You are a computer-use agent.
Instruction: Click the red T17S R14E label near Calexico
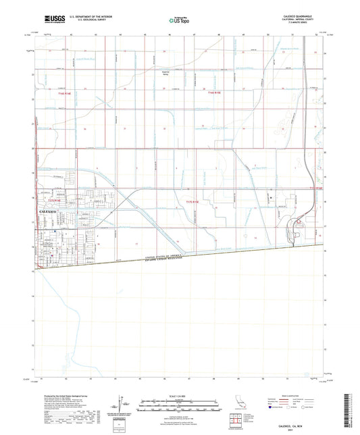(54, 201)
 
